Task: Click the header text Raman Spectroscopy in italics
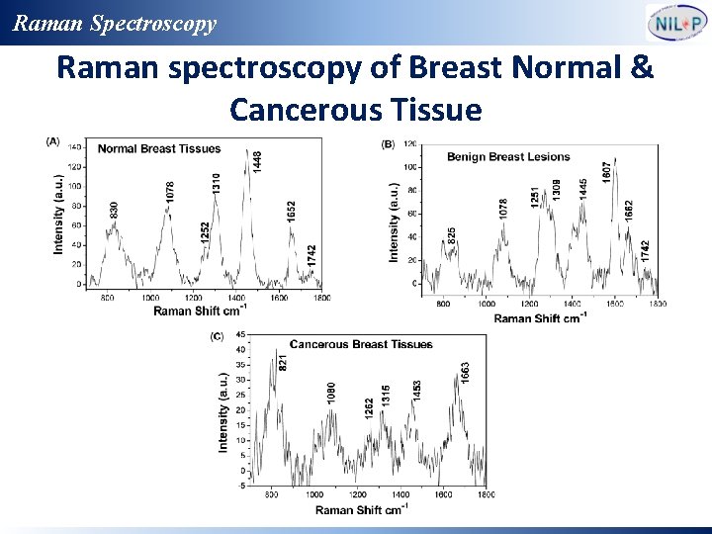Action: point(115,23)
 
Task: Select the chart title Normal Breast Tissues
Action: point(159,149)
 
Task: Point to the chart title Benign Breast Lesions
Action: point(508,157)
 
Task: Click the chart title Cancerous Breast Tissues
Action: point(361,344)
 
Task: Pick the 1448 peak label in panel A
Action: point(258,159)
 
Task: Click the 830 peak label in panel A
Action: point(114,210)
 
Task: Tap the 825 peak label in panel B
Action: point(452,236)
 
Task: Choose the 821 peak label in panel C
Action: point(283,362)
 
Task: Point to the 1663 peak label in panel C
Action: point(465,373)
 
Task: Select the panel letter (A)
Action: point(52,141)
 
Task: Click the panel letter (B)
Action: point(389,144)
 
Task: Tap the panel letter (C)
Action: point(217,336)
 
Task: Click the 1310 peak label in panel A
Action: point(217,183)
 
